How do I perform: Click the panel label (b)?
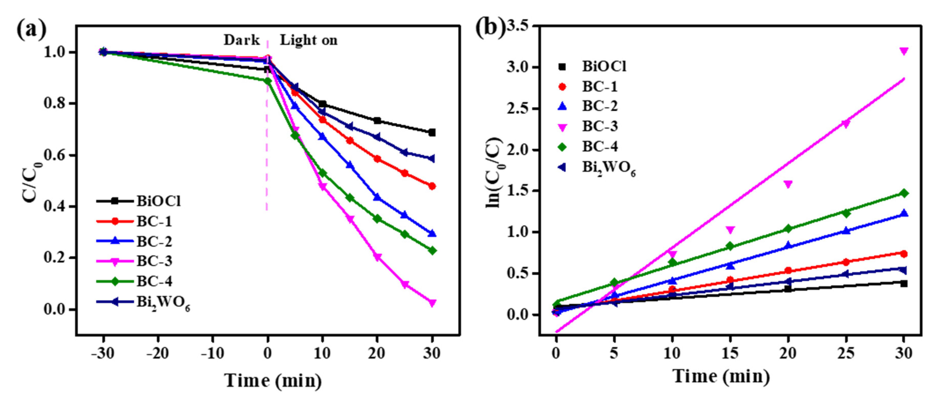[x=490, y=28]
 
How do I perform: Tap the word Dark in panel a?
[x=241, y=40]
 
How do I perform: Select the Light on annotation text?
[x=308, y=40]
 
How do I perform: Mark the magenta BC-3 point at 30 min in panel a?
[x=432, y=302]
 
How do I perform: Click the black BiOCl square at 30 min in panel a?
[x=432, y=132]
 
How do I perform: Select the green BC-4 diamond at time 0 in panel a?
[x=268, y=81]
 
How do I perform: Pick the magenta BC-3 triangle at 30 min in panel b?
[x=904, y=51]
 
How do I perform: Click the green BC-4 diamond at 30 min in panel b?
[x=904, y=193]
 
